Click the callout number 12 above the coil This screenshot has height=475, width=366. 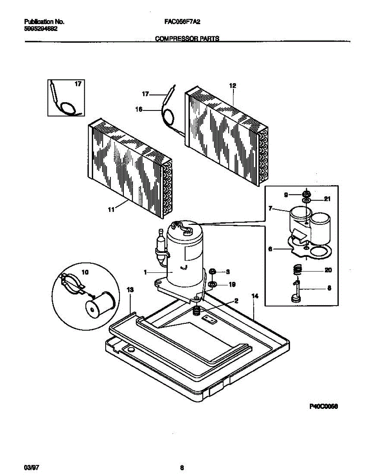(232, 85)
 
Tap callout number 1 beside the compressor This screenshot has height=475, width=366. (145, 272)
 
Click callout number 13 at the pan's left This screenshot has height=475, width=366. (130, 291)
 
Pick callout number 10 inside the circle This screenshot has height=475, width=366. (85, 272)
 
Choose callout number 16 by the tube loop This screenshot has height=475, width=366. (138, 110)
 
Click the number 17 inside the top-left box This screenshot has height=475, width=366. (78, 84)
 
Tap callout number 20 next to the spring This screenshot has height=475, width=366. (328, 270)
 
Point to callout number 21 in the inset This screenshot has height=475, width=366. (327, 199)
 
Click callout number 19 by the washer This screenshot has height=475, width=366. (232, 285)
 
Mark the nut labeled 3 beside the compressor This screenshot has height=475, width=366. (212, 272)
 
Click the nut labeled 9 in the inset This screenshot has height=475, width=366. (306, 194)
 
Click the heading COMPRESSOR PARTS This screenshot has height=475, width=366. (187, 39)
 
